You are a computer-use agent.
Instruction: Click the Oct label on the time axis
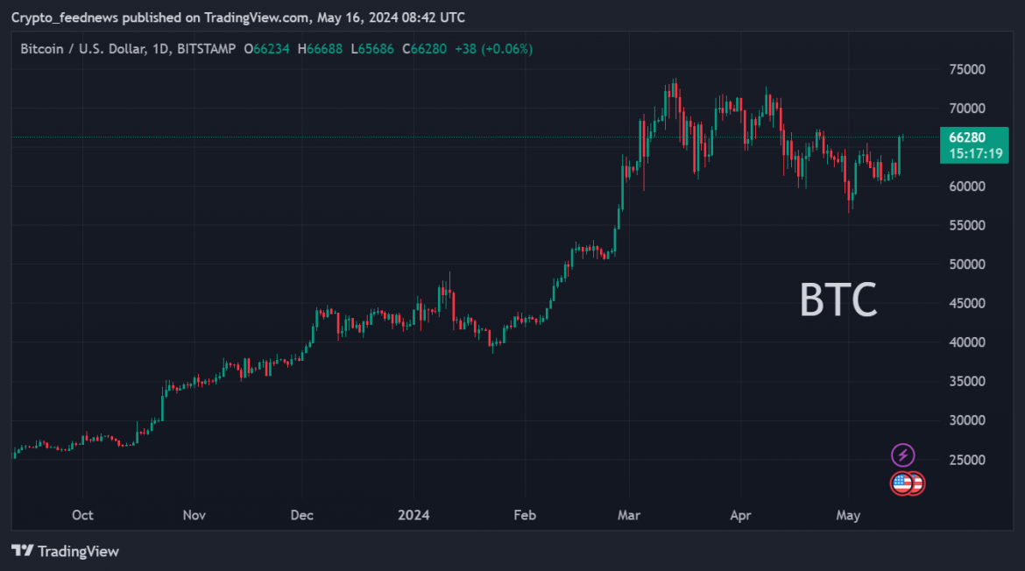pos(82,515)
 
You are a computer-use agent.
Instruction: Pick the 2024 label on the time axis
pos(414,515)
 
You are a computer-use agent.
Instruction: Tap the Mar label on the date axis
pos(628,515)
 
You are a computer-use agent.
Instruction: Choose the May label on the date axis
pos(848,515)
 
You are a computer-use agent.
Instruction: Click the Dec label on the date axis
pos(302,515)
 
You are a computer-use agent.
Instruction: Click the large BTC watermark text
pos(838,300)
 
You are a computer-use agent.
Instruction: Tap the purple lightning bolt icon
pos(902,455)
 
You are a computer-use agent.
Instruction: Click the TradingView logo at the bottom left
pos(65,551)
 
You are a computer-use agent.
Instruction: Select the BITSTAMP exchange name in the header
pos(206,49)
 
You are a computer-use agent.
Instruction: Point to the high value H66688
pos(320,49)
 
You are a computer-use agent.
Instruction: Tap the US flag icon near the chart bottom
pos(902,483)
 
